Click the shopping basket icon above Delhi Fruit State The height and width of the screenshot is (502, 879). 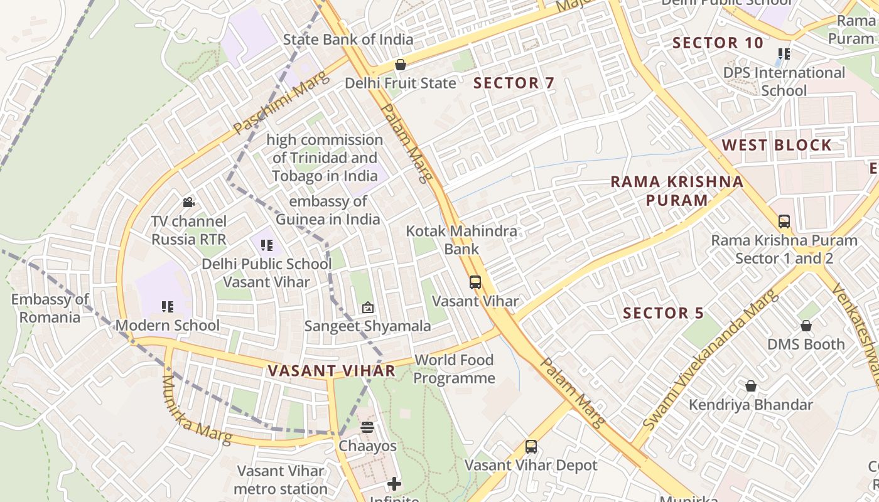400,65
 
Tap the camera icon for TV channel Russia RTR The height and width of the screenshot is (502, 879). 188,202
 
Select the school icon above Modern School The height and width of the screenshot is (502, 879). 167,307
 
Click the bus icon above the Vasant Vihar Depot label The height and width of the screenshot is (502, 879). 531,447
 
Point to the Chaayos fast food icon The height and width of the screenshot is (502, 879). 367,427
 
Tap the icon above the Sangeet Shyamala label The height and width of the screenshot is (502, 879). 368,307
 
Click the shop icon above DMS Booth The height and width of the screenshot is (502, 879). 806,326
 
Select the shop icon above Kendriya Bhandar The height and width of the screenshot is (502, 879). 750,386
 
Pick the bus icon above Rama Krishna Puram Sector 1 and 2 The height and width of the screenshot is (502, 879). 784,222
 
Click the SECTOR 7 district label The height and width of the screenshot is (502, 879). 514,83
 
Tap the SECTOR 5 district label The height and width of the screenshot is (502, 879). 664,313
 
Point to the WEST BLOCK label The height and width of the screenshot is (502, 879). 776,145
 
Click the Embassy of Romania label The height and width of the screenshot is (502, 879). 50,308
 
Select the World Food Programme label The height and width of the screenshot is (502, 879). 454,369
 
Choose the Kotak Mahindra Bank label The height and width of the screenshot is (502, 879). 461,240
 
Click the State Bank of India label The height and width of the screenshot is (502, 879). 348,40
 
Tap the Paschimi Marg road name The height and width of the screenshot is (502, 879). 281,104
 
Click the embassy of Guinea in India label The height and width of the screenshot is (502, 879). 328,210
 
